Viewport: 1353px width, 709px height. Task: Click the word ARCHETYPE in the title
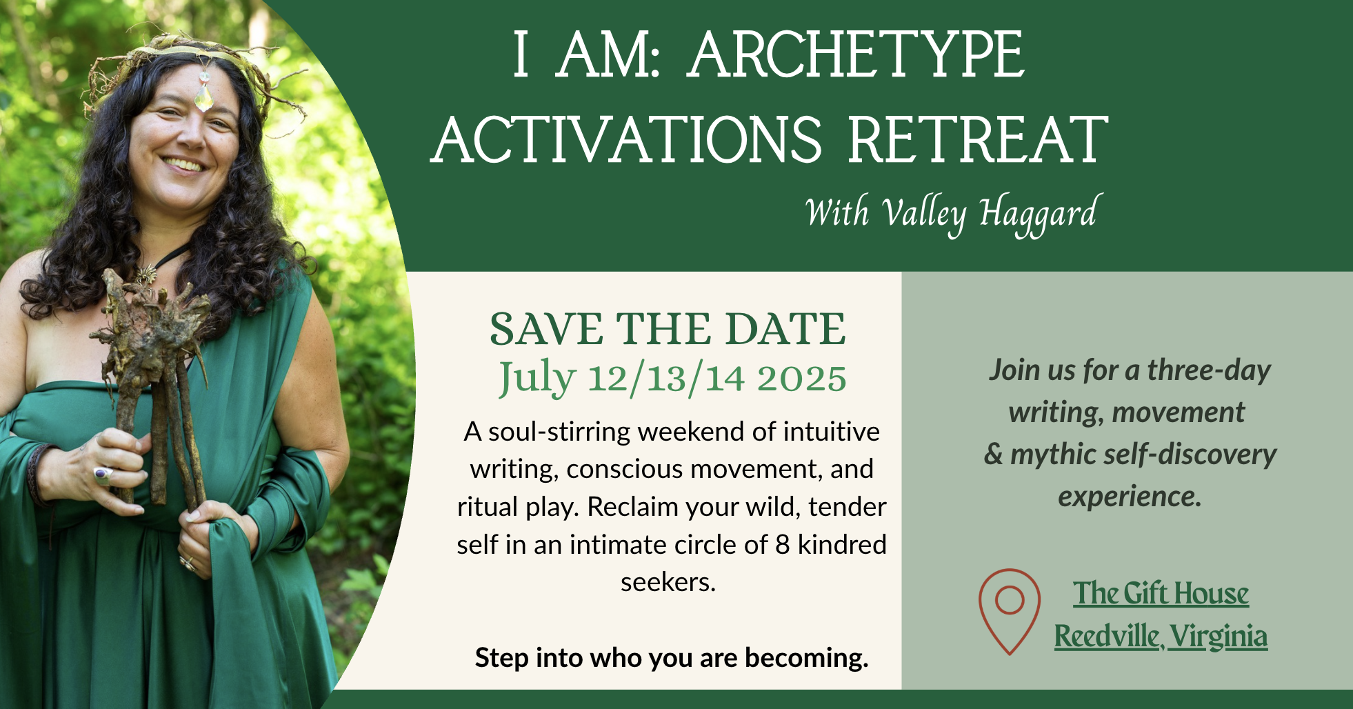[x=856, y=55]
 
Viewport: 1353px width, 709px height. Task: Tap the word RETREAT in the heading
[x=978, y=141]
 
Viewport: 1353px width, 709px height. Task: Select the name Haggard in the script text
[x=1037, y=214]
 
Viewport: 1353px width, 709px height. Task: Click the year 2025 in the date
[x=801, y=379]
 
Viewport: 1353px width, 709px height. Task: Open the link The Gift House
[x=1161, y=594]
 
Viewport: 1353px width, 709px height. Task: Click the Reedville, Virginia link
[x=1161, y=637]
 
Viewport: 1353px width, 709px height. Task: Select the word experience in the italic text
[x=1130, y=497]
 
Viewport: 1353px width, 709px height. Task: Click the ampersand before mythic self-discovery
[x=993, y=455]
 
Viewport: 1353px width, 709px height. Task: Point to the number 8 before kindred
[x=782, y=545]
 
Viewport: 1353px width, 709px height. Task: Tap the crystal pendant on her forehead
[x=204, y=97]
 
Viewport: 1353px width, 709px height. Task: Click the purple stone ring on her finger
[x=102, y=475]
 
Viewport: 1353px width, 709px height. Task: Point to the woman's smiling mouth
[x=183, y=165]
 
